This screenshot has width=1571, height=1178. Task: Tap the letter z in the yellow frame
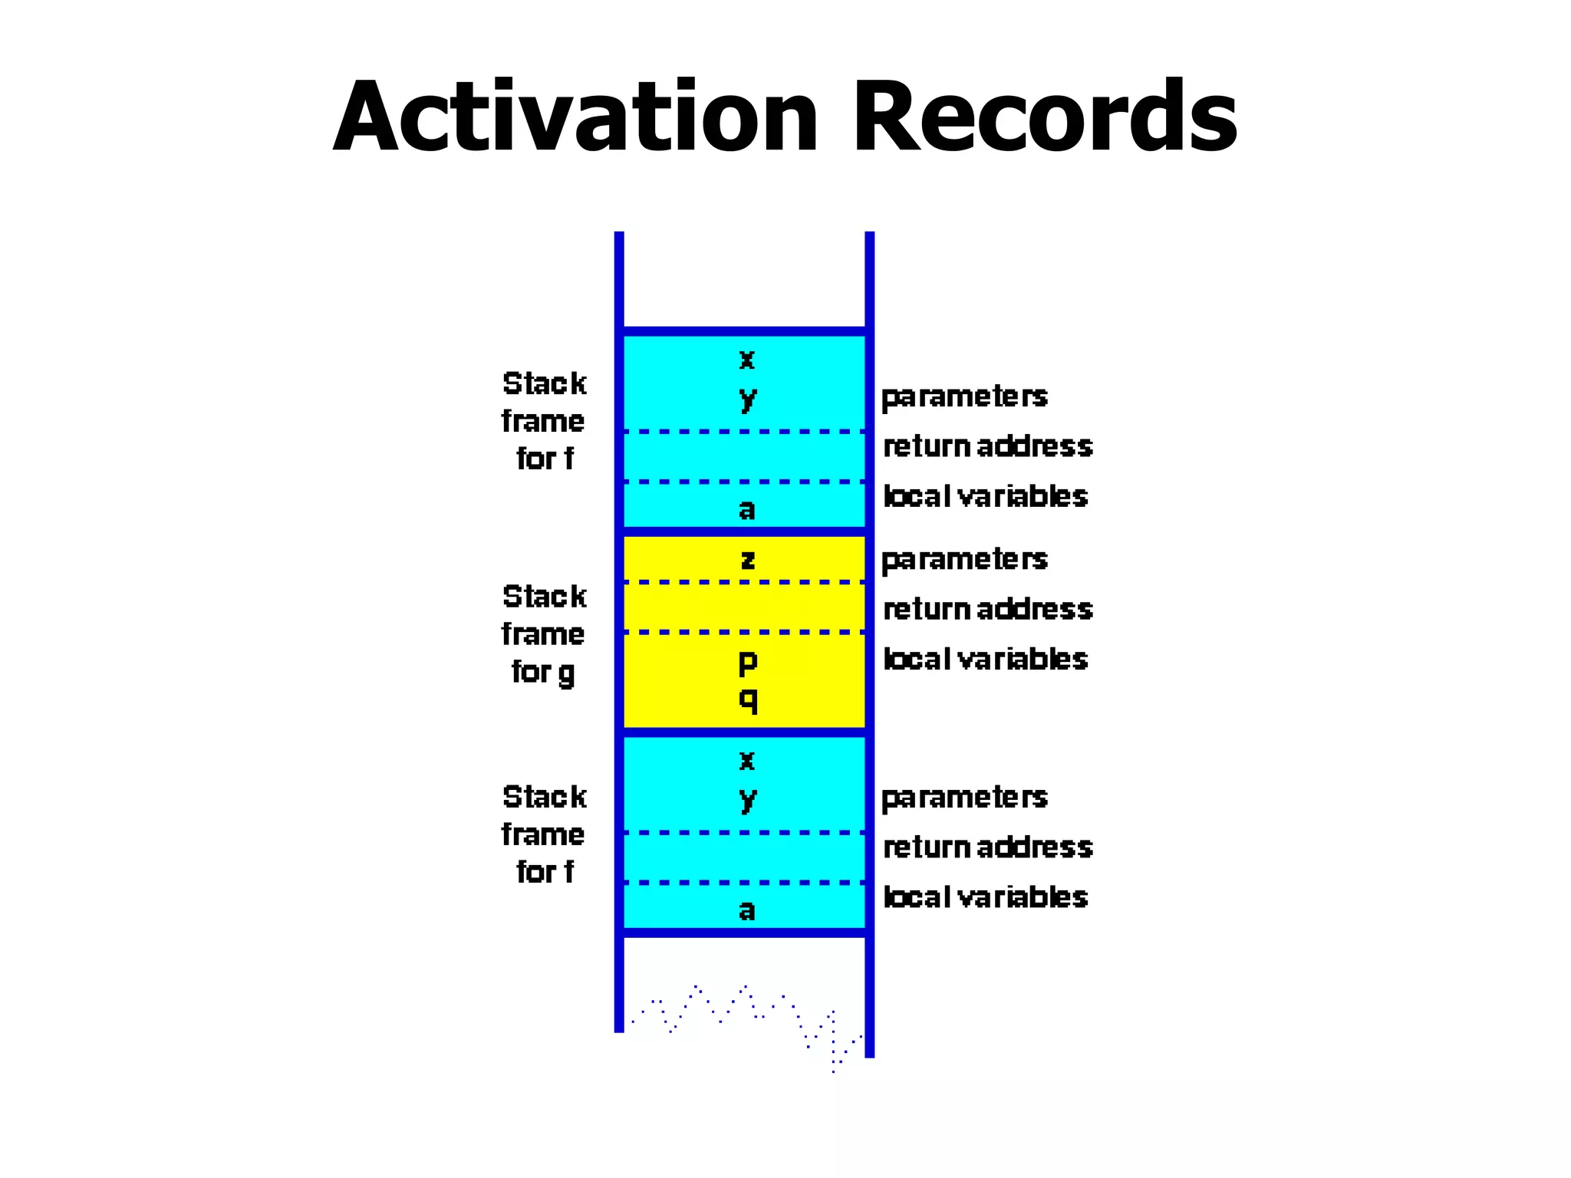(747, 559)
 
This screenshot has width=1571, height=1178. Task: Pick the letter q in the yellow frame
(747, 699)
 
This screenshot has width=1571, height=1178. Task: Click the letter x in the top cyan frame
(746, 359)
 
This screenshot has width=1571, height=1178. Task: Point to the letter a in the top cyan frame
(746, 509)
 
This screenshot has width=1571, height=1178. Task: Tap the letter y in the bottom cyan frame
(747, 799)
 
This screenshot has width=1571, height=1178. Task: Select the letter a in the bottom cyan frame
(746, 910)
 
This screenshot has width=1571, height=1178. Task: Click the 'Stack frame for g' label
(544, 634)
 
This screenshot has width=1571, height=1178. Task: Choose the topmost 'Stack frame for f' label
(544, 421)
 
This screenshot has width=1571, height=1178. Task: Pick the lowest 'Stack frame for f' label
(544, 834)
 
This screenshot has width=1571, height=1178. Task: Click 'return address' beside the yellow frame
(987, 609)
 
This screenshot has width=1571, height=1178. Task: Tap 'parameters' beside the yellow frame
(964, 560)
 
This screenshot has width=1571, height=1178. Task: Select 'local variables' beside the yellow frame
(986, 659)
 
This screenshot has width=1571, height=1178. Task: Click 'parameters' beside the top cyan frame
(964, 397)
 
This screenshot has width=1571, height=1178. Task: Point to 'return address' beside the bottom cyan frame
(987, 847)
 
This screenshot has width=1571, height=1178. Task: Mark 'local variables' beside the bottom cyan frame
(986, 897)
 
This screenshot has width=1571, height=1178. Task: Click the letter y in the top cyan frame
(747, 399)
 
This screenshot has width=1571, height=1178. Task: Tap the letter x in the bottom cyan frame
(746, 761)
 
